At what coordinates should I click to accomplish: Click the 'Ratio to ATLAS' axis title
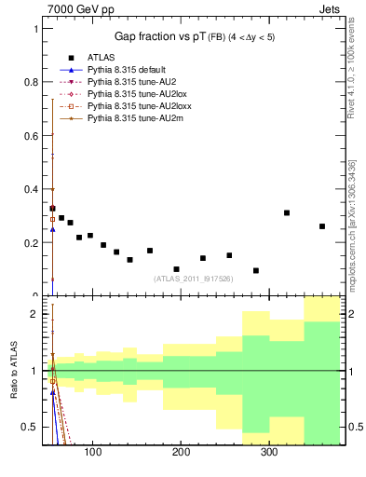coord(13,371)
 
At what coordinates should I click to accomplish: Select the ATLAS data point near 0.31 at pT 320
coord(287,212)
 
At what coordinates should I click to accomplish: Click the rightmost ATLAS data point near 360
coord(322,226)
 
